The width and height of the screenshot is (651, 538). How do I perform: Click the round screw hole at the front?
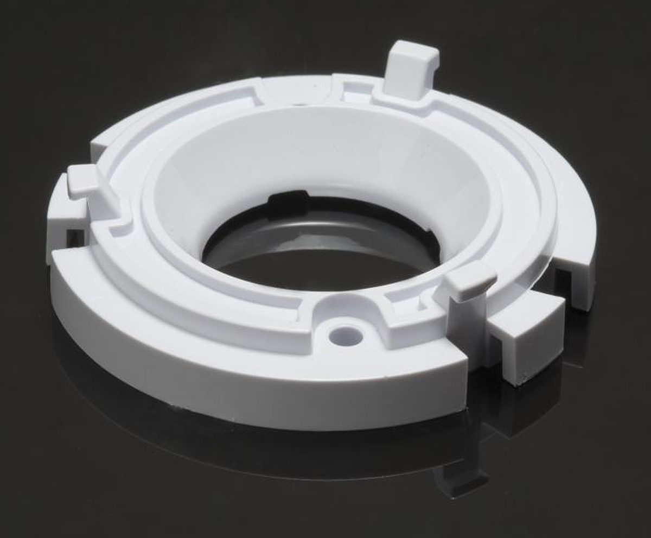point(347,336)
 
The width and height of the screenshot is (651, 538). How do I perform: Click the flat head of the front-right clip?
point(471,279)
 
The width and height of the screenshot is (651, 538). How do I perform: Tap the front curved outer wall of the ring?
point(244,380)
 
